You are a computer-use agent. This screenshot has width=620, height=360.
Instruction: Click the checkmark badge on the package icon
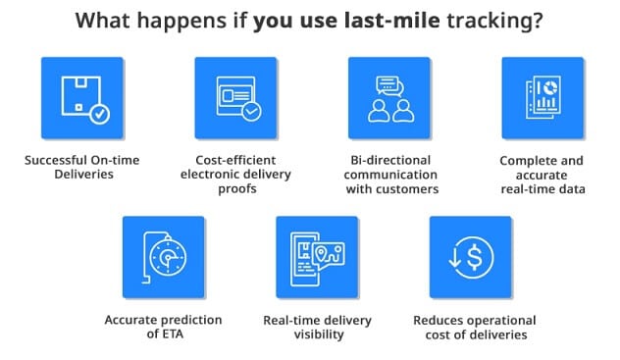click(99, 113)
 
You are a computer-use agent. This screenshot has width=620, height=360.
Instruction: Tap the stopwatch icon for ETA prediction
click(163, 258)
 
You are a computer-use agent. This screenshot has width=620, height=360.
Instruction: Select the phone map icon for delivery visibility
click(316, 258)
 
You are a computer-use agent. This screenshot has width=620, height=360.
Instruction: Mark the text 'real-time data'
click(543, 188)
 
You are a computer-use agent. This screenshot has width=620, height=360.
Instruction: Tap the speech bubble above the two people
click(389, 84)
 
